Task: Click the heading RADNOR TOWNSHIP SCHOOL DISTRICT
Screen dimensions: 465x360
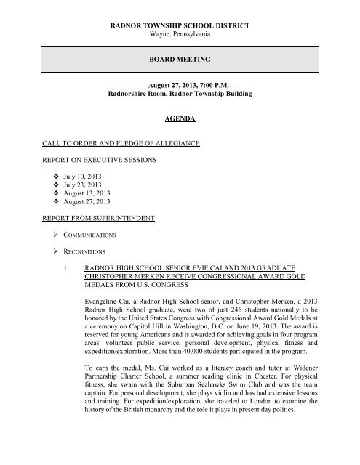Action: [180, 25]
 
